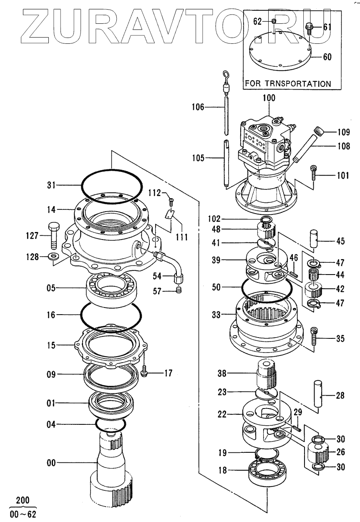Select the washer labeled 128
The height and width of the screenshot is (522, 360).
(x=53, y=256)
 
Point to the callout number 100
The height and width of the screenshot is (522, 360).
(x=269, y=98)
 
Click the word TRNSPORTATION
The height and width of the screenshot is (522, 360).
(x=300, y=83)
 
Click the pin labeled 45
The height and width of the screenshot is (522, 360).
(x=314, y=238)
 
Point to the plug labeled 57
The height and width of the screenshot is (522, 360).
(x=178, y=289)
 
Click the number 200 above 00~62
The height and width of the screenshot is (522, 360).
(x=23, y=501)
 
